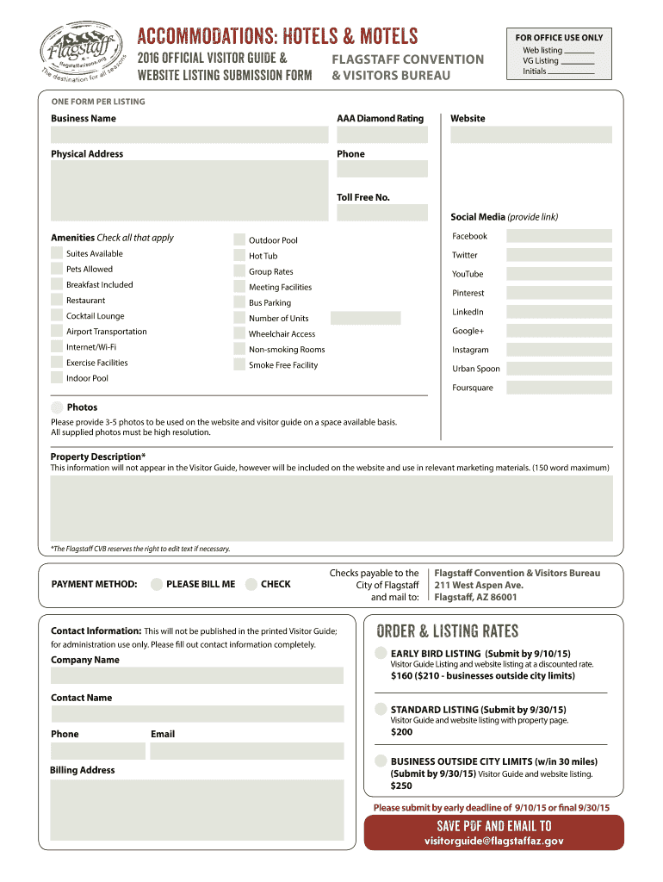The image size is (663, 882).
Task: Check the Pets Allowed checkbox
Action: point(57,270)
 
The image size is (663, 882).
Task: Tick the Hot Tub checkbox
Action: point(241,256)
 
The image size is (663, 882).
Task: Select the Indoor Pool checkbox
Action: point(57,379)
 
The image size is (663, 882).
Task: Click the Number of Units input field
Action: point(365,318)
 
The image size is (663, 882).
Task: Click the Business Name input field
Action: point(189,135)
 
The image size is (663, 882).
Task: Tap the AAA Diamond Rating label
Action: point(380,118)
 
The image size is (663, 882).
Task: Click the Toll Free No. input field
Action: point(382,213)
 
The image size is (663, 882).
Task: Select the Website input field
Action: point(530,135)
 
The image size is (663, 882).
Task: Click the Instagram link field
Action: point(559,350)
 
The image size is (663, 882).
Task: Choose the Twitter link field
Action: point(559,255)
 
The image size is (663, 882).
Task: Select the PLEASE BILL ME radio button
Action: point(156,584)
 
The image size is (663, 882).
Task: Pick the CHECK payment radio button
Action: point(251,584)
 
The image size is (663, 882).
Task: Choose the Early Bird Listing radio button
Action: point(380,652)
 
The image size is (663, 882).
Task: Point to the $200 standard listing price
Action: point(401,732)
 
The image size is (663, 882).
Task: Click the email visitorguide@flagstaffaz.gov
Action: point(493,842)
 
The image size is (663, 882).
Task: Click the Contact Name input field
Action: point(197,714)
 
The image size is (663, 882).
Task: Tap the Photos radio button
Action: point(57,407)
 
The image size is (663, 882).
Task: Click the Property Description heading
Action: point(97,457)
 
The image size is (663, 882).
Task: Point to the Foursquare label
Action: point(473,388)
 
